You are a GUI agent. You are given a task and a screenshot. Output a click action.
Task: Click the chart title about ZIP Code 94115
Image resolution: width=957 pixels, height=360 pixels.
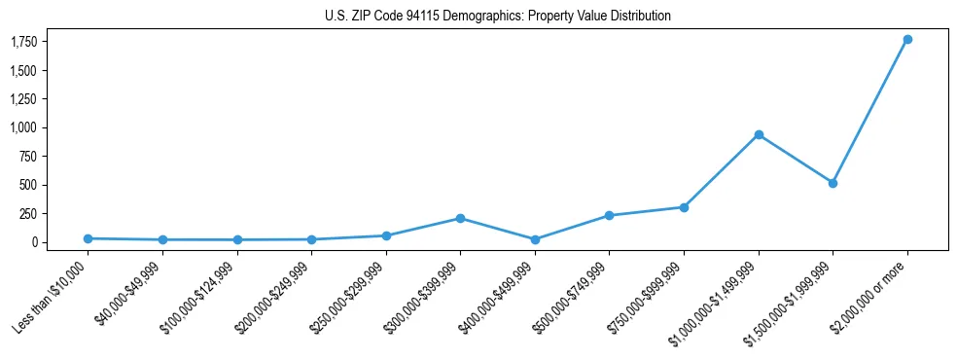pyautogui.click(x=498, y=17)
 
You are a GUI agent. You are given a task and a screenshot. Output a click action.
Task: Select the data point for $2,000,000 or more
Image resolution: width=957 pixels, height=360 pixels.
pyautogui.click(x=907, y=39)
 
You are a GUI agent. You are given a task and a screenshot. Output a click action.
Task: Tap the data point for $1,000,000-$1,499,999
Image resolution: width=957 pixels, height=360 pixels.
pyautogui.click(x=759, y=134)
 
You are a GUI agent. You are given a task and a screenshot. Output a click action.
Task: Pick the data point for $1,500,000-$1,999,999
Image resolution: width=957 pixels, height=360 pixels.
pyautogui.click(x=833, y=183)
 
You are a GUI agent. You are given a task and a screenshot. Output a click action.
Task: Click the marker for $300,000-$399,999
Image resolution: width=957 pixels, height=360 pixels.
pyautogui.click(x=460, y=218)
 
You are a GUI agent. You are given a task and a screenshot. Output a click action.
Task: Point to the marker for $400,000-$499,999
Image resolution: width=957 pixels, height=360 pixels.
pyautogui.click(x=535, y=239)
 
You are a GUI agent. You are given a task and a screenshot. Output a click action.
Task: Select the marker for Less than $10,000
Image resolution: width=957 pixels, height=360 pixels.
pyautogui.click(x=88, y=238)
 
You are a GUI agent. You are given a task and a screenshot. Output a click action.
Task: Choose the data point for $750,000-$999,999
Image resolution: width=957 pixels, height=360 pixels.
pyautogui.click(x=684, y=207)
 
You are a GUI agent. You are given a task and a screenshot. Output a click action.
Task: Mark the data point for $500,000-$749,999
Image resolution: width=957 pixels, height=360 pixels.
pyautogui.click(x=609, y=215)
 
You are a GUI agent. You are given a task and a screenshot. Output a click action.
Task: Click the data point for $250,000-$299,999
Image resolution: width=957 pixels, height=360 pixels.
pyautogui.click(x=386, y=235)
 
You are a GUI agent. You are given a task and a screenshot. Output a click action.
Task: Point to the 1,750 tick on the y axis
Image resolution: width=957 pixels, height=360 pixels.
pyautogui.click(x=23, y=42)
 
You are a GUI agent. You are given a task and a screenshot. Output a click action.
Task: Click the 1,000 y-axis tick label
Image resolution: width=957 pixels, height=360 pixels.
pyautogui.click(x=23, y=127)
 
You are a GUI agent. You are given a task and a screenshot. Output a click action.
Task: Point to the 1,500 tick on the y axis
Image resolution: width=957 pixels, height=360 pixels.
pyautogui.click(x=23, y=71)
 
